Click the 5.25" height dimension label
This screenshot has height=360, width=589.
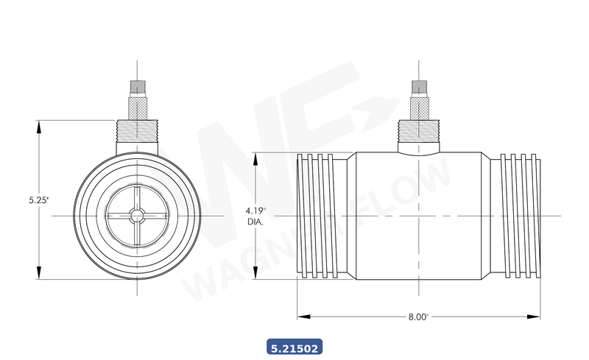click(38, 200)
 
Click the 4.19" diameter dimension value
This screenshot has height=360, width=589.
click(255, 211)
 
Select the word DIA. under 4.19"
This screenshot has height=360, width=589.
click(255, 220)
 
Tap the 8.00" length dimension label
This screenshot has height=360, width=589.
click(417, 317)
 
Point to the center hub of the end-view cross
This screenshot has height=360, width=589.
click(137, 215)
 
